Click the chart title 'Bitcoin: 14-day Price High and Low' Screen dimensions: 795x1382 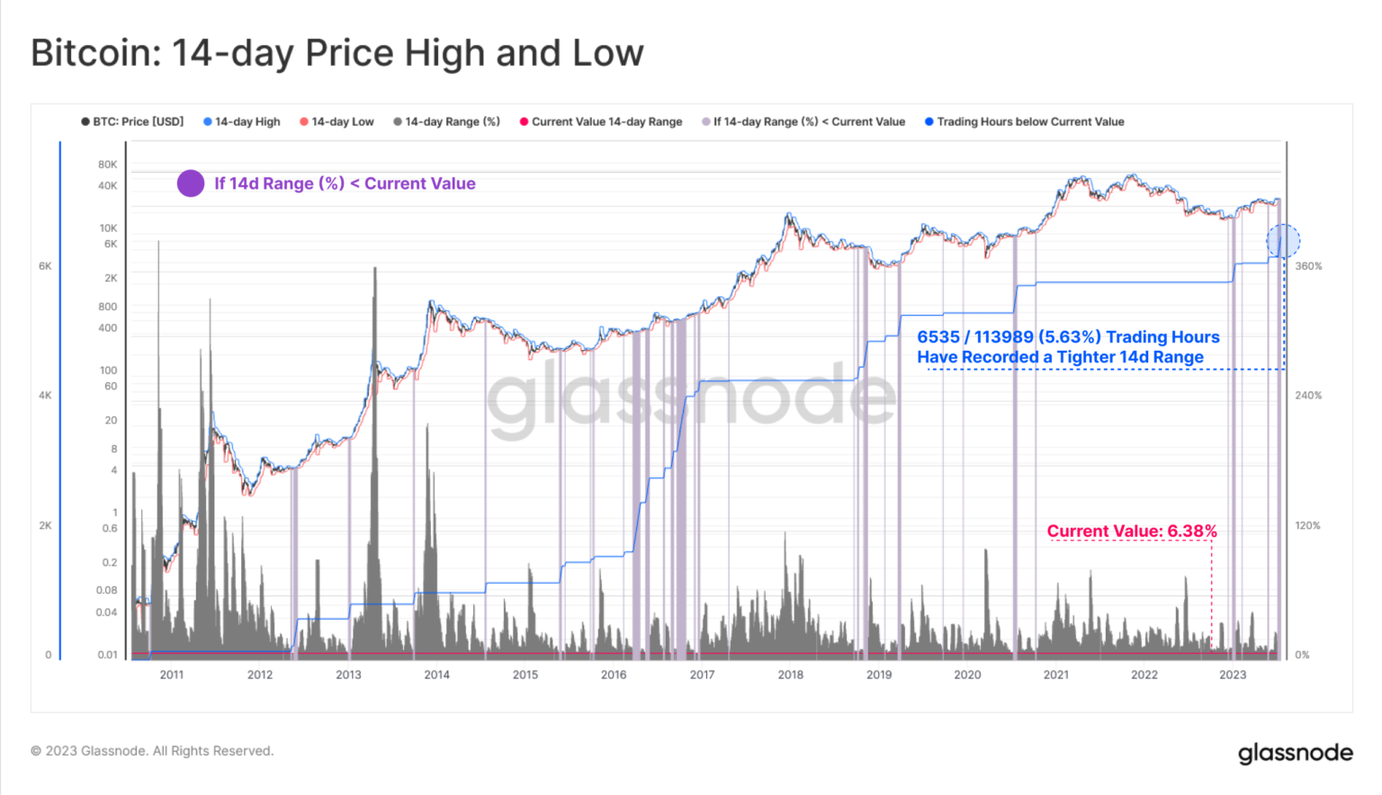pos(337,53)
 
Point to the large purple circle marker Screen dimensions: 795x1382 pos(191,183)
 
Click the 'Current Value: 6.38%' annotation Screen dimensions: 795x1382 pos(1131,531)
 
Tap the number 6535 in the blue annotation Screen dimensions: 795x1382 pos(938,337)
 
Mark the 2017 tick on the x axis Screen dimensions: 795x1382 pos(702,674)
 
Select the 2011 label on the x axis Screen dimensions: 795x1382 pos(172,674)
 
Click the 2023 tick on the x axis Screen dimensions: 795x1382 pos(1233,674)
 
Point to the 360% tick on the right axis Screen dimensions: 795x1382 pos(1308,266)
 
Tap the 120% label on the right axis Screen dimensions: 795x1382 pos(1308,525)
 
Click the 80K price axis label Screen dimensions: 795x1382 pos(108,165)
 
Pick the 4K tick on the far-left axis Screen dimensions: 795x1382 pos(45,396)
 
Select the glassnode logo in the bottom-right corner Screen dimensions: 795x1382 pos(1295,753)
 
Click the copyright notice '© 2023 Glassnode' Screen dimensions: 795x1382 pos(152,751)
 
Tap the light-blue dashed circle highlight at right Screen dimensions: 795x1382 pos(1283,241)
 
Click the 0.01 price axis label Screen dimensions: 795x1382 pos(108,655)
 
